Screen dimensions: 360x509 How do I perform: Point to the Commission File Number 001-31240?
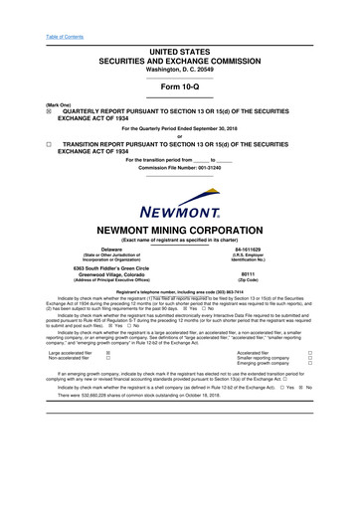[x=180, y=168]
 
